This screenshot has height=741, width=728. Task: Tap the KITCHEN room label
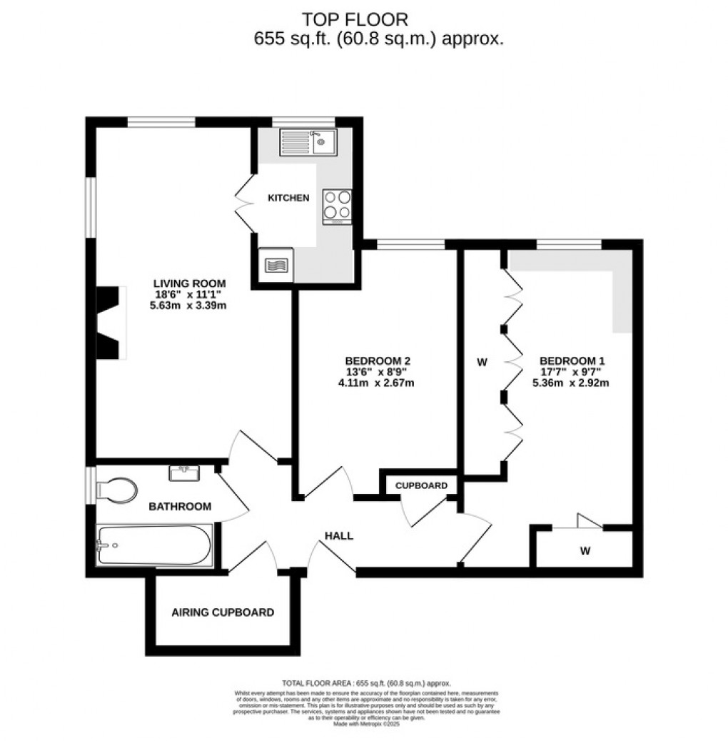tap(288, 198)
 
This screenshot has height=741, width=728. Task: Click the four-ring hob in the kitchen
tap(337, 205)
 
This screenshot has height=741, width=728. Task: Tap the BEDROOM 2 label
tap(378, 361)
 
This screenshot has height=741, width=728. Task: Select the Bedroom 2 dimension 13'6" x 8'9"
tap(378, 372)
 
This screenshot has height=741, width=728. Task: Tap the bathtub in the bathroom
tap(155, 546)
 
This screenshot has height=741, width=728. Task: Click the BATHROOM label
tap(180, 507)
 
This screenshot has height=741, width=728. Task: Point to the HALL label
tap(339, 536)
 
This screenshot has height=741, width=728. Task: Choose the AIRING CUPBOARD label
tap(223, 613)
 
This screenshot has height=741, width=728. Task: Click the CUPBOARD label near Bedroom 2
tap(421, 485)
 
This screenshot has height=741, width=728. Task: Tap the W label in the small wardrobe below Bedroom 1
tap(585, 550)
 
